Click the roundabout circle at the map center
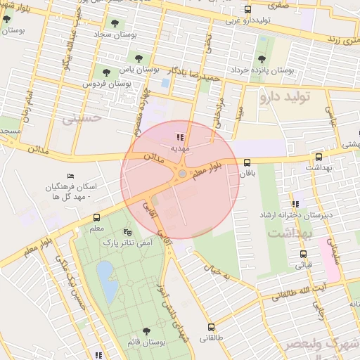point(182,173)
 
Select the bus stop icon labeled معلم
point(96,217)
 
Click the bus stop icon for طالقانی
point(211,327)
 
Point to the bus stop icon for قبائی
point(303,254)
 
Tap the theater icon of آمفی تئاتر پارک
point(127,231)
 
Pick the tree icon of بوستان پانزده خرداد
point(262,59)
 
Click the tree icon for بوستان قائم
point(146,330)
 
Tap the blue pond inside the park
point(106,280)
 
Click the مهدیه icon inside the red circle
point(180,137)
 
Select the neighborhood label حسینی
point(82,120)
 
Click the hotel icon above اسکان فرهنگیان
point(69,176)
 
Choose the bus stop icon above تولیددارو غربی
point(247,10)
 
